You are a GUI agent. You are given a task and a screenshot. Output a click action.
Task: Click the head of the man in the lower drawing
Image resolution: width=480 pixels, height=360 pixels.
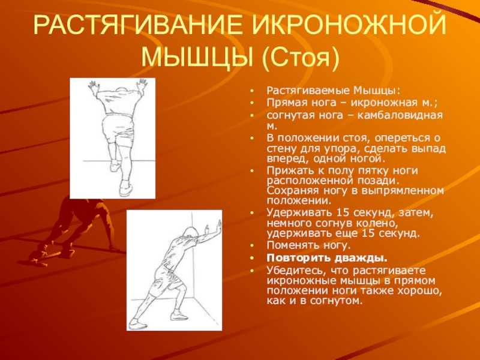188,235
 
